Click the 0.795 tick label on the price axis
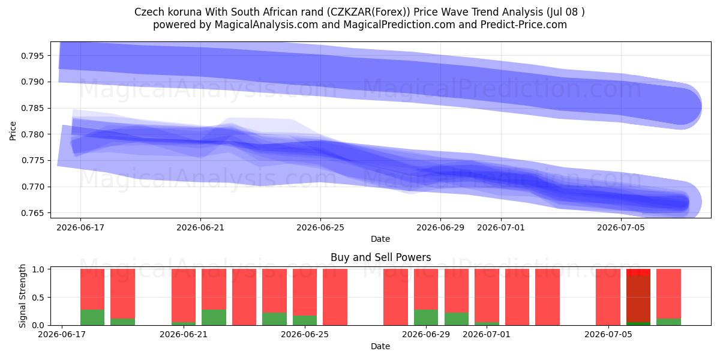(32, 56)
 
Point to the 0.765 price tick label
(32, 213)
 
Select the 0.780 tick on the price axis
(32, 134)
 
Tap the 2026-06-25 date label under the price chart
(320, 227)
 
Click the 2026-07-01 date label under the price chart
(501, 227)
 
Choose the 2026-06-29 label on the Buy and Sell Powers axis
(426, 334)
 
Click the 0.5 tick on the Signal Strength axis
(39, 298)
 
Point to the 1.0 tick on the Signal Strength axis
(39, 269)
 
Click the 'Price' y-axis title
(13, 131)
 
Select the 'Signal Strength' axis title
(22, 296)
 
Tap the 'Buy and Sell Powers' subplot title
(380, 257)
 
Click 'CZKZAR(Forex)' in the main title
(369, 12)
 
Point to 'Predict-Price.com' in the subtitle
(524, 25)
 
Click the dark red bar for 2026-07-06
(638, 299)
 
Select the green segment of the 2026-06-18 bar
(92, 317)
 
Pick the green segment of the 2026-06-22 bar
(214, 317)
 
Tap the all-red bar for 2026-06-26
(335, 297)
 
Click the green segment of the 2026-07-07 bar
(668, 322)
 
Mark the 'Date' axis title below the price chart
(380, 239)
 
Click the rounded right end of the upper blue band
(701, 107)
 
